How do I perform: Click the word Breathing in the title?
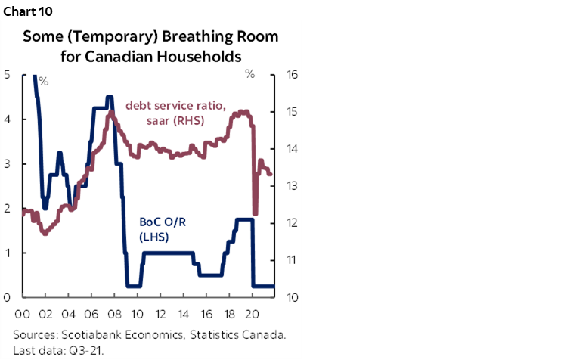(179, 36)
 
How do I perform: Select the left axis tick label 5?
(7, 75)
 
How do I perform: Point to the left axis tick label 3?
(7, 164)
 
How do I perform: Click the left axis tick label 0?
(7, 297)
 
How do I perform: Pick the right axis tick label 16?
(290, 75)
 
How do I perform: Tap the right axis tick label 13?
(290, 186)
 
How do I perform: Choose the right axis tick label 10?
(290, 297)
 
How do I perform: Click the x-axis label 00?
(22, 313)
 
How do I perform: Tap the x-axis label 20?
(254, 313)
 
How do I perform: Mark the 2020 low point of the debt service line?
(256, 214)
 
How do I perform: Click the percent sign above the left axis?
(43, 80)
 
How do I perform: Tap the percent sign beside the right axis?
(249, 74)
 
